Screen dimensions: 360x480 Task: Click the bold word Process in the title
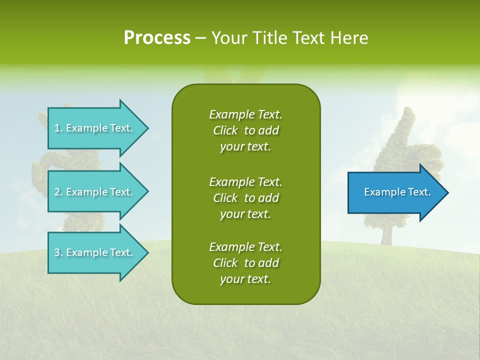(x=157, y=38)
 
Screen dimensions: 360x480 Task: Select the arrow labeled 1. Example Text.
(x=95, y=128)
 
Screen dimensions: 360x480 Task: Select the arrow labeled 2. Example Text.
(x=95, y=192)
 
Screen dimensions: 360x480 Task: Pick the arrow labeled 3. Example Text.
(x=95, y=252)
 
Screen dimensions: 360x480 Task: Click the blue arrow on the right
(x=395, y=192)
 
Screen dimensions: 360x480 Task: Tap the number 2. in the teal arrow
(x=58, y=192)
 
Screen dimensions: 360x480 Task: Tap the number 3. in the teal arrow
(x=58, y=252)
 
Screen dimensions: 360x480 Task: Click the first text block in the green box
(x=245, y=130)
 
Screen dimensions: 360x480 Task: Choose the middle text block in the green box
(x=245, y=198)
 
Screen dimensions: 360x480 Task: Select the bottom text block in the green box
(x=245, y=263)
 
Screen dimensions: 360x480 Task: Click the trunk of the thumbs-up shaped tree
(x=385, y=232)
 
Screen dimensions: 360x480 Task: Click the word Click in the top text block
(x=225, y=130)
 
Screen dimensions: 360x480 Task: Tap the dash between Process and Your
(x=200, y=38)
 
